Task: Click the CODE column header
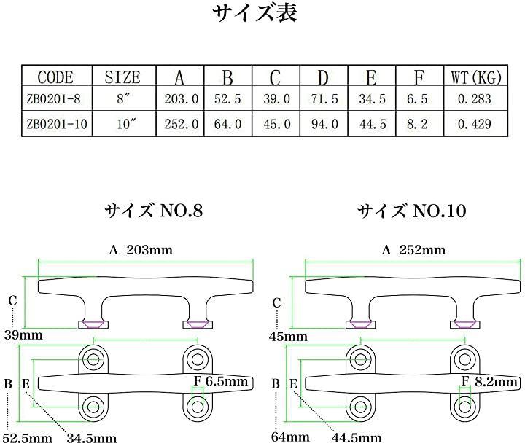tap(55, 77)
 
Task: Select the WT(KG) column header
tap(476, 77)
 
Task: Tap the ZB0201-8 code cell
tap(53, 99)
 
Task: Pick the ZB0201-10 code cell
tap(57, 124)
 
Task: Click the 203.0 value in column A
tap(181, 99)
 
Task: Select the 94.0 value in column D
tap(324, 124)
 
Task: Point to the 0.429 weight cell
tap(475, 124)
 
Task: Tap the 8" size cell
tap(123, 98)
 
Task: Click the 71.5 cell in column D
tap(324, 99)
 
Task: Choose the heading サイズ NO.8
tap(154, 211)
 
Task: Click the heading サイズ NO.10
tap(412, 211)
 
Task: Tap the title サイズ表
tap(254, 13)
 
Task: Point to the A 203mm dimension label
tap(141, 250)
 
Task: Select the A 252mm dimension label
tap(413, 250)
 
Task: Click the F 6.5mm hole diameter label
tap(221, 381)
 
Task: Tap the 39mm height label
tap(23, 335)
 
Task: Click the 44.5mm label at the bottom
tap(357, 438)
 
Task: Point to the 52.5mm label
tap(28, 438)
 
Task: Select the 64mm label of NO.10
tap(290, 437)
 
